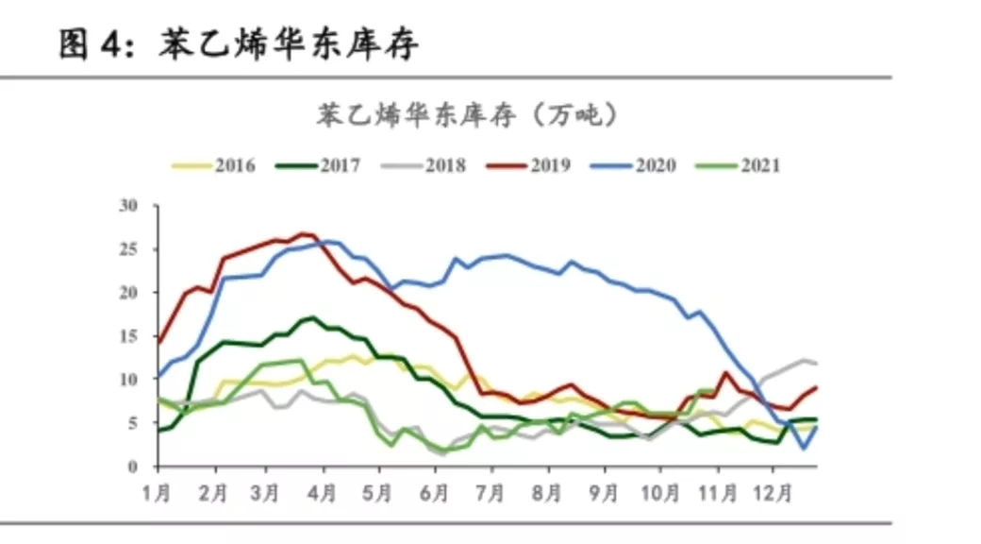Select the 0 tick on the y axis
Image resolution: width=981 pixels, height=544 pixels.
point(133,467)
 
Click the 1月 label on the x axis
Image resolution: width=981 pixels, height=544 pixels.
point(158,493)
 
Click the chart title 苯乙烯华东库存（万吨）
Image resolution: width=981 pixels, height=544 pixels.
point(466,115)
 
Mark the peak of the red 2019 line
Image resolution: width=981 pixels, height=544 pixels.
point(304,232)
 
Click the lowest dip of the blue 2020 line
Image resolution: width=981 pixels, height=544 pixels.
point(804,449)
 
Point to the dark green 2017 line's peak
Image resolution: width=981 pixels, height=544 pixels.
point(311,317)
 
